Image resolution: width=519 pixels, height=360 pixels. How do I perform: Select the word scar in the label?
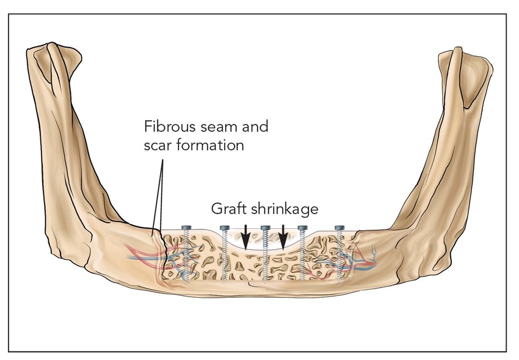(x=157, y=146)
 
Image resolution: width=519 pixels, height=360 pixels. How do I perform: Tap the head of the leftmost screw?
(x=187, y=228)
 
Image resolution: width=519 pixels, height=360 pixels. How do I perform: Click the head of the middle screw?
(x=265, y=228)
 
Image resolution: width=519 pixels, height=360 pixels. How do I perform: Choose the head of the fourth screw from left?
(x=302, y=228)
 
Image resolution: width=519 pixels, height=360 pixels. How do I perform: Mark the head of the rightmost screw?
(x=340, y=228)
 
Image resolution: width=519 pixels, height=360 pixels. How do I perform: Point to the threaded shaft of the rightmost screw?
(x=340, y=259)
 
